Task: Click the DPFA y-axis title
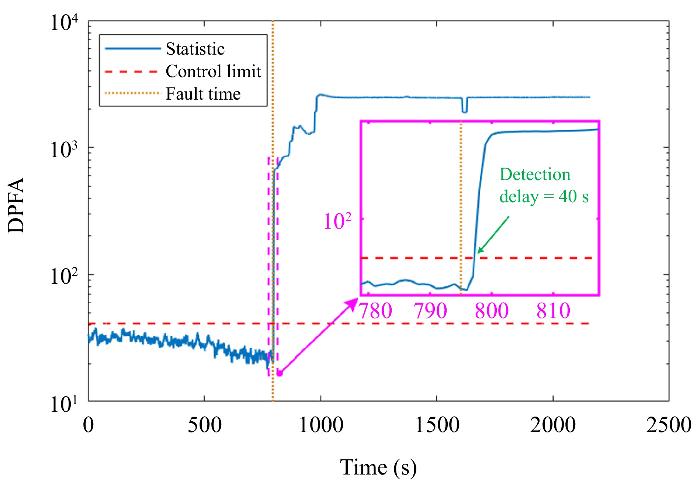click(x=16, y=205)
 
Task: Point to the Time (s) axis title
click(x=378, y=467)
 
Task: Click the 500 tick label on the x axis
click(x=205, y=425)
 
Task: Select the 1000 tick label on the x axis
click(x=321, y=425)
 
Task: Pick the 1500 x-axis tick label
click(x=437, y=425)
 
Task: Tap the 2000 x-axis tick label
click(x=553, y=425)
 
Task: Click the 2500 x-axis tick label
click(x=669, y=425)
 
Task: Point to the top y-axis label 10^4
click(x=64, y=23)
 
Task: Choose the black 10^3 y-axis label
click(x=64, y=149)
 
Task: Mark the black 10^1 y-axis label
click(x=64, y=404)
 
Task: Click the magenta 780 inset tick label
click(x=375, y=311)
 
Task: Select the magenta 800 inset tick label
click(x=492, y=311)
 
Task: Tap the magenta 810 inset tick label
click(x=553, y=311)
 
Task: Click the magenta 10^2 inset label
click(x=337, y=221)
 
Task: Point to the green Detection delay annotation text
click(x=544, y=185)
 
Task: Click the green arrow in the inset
click(x=493, y=235)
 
